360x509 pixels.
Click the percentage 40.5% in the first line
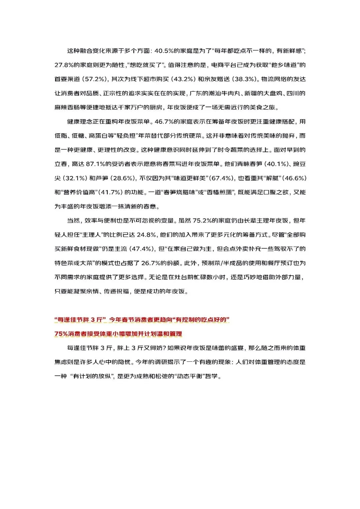[164, 51]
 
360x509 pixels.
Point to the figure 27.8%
[64, 65]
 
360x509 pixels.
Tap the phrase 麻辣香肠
[67, 107]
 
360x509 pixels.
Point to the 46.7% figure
[164, 122]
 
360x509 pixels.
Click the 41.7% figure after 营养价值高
[109, 192]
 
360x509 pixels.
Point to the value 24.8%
[146, 235]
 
